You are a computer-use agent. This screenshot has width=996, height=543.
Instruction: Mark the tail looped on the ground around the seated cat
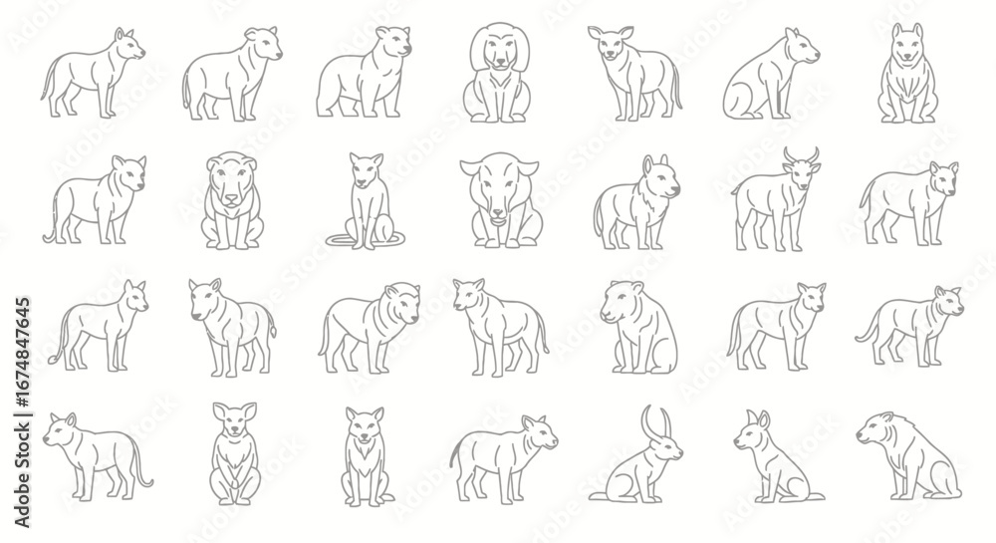point(366,239)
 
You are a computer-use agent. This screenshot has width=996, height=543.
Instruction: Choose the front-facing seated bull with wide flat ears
point(501,199)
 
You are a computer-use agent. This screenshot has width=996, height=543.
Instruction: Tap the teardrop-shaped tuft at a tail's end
point(274,330)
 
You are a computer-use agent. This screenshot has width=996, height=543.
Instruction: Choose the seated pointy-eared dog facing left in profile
point(779,456)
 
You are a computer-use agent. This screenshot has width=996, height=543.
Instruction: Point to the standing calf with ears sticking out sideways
point(634,73)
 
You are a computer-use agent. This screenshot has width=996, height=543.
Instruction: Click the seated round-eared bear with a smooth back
point(638,327)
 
